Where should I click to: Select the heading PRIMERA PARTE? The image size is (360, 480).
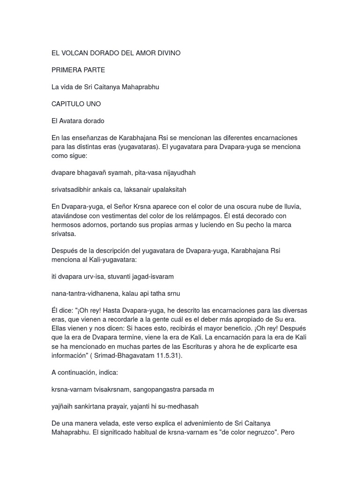pos(78,70)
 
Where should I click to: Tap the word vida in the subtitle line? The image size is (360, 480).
pos(69,87)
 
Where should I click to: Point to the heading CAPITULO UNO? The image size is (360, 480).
pos(76,104)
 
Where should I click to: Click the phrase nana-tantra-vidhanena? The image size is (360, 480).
pos(84,293)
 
